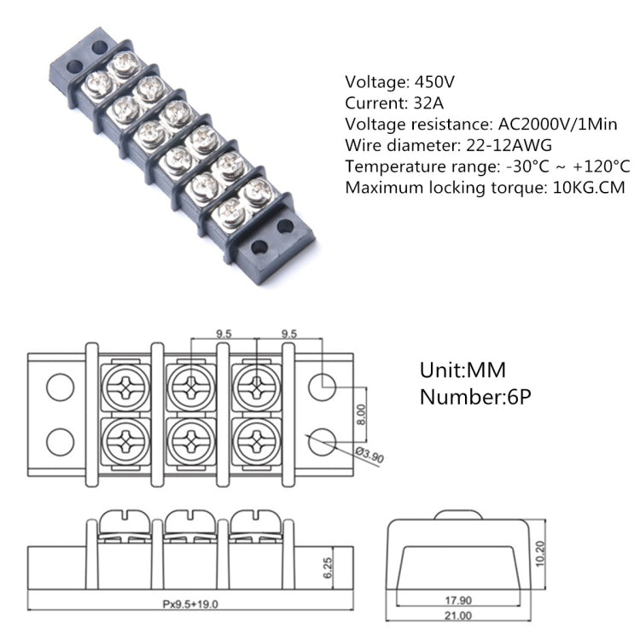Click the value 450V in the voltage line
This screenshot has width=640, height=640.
[x=435, y=83]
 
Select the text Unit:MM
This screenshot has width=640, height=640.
[x=463, y=371]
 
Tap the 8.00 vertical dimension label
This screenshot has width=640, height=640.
[x=362, y=414]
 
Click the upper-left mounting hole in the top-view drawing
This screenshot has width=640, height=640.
[x=59, y=387]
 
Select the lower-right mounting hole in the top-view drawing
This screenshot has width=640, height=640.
[x=323, y=441]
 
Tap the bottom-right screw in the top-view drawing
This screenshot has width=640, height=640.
[x=254, y=442]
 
